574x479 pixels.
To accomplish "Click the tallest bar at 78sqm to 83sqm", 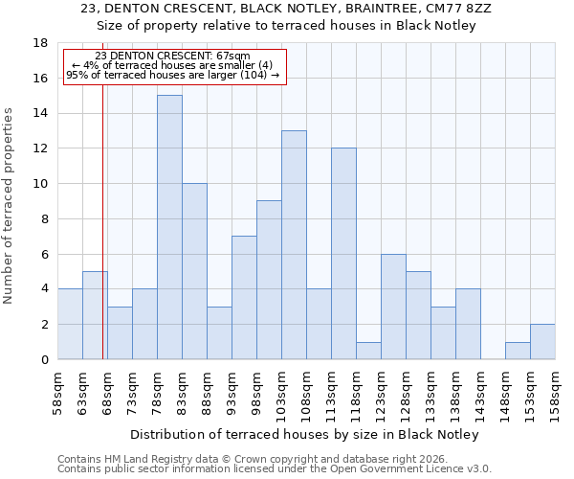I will point(169,227).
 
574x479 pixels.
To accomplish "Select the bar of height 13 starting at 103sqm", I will point(294,245).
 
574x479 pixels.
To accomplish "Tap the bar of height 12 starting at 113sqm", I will point(343,254).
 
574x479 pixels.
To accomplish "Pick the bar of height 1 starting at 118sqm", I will point(368,351).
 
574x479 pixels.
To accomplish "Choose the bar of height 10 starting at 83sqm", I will point(194,271).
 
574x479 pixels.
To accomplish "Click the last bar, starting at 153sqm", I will point(542,342).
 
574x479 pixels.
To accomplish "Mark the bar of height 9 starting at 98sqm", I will point(269,280).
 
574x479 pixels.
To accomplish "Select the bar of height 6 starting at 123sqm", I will point(393,307).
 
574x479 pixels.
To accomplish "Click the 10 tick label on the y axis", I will point(40,184).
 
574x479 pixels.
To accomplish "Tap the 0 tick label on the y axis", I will point(44,360).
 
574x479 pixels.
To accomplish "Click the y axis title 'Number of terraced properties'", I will point(10,206).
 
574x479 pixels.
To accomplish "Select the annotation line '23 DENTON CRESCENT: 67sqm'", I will point(173,56).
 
